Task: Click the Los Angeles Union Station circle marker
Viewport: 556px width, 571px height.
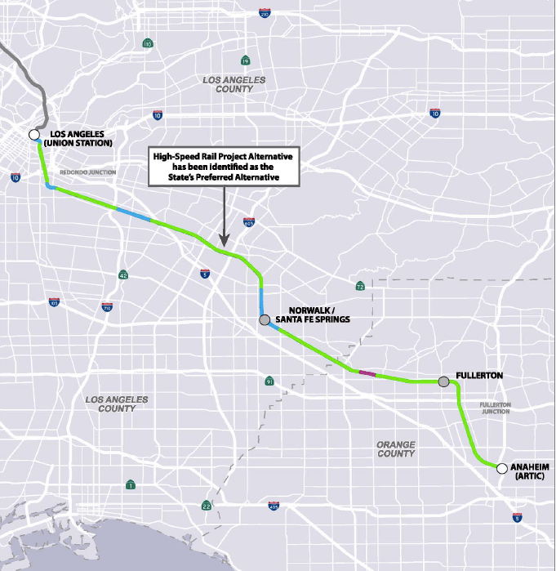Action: (x=33, y=135)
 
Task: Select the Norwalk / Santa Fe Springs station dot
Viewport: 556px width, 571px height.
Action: (x=265, y=320)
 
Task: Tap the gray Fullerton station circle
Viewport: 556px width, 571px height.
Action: (x=443, y=381)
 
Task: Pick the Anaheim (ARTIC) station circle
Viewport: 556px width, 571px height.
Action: (x=501, y=468)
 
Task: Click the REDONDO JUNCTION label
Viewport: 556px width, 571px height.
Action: (x=88, y=172)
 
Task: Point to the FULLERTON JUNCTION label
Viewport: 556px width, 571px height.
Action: (x=495, y=408)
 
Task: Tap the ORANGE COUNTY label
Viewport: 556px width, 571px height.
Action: (x=396, y=448)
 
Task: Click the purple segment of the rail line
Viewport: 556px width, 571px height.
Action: (x=367, y=373)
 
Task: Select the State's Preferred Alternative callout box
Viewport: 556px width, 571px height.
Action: (x=223, y=165)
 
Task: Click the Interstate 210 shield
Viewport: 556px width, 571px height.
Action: (x=264, y=14)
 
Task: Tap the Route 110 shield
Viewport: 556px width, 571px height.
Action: (x=148, y=43)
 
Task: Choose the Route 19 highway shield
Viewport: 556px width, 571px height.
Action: (x=245, y=60)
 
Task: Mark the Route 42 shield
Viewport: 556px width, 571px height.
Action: (x=122, y=275)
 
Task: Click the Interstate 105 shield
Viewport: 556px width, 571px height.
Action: (x=54, y=303)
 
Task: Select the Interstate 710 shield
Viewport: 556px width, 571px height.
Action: (x=107, y=307)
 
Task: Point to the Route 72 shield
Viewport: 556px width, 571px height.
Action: (x=360, y=287)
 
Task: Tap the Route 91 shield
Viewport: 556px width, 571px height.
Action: (x=269, y=381)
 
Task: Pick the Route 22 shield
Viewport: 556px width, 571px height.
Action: (x=207, y=506)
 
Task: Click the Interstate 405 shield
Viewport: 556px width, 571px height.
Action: (x=273, y=506)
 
